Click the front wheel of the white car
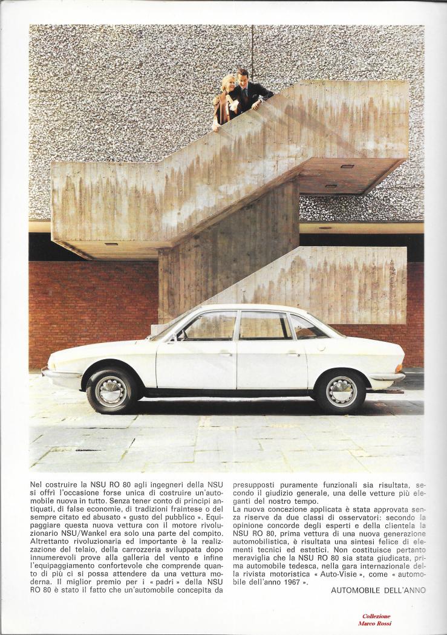113,390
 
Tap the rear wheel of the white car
341,391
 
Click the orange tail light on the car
398,367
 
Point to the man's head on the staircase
243,76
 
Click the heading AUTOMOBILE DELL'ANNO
378,590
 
